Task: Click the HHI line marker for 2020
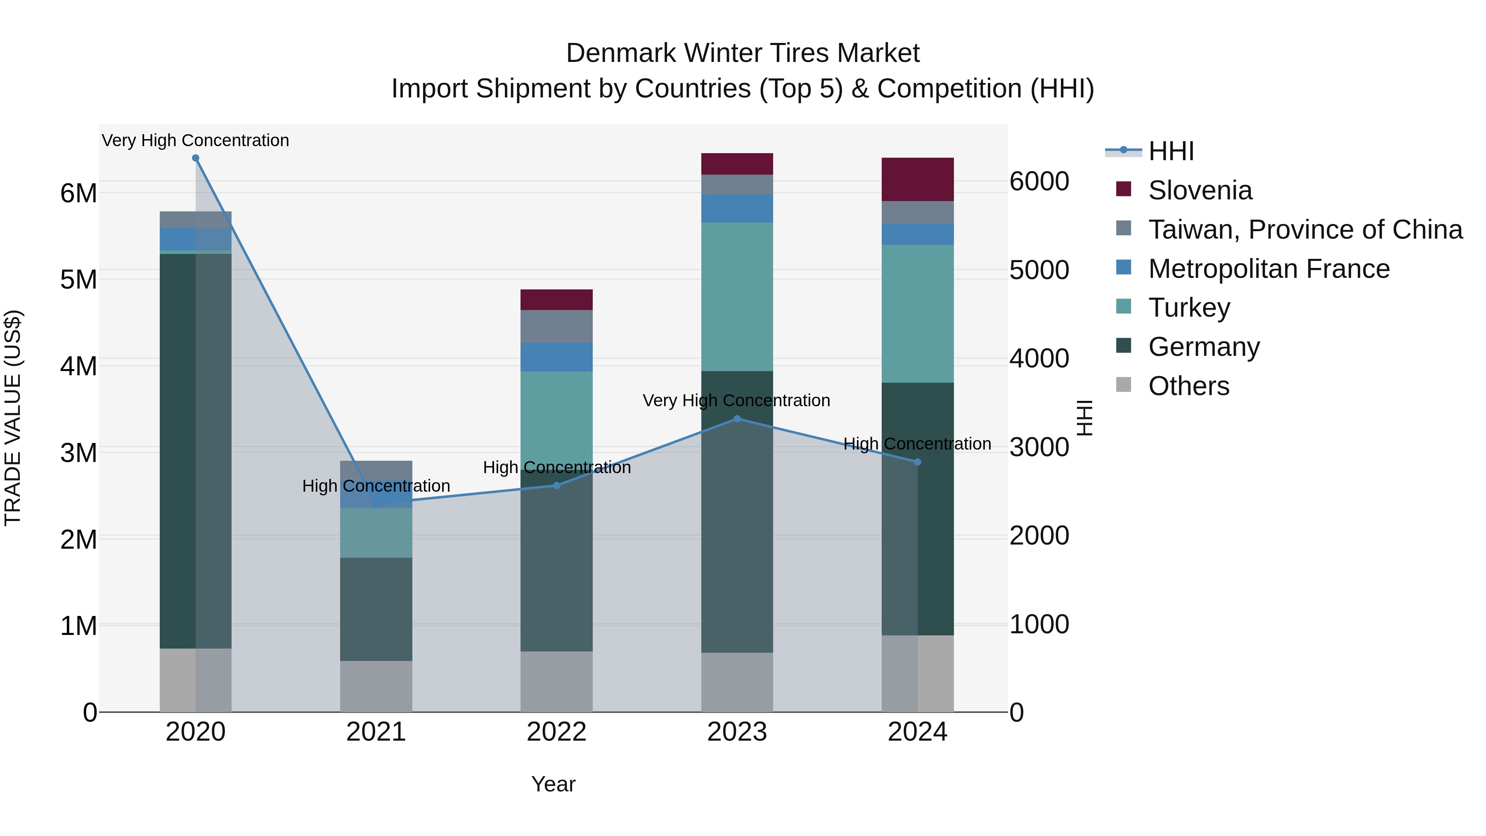click(196, 158)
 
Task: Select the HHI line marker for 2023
click(737, 419)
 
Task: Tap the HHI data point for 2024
click(918, 462)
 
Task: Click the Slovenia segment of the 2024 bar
click(918, 180)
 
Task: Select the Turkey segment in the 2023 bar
click(737, 296)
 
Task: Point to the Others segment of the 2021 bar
click(376, 686)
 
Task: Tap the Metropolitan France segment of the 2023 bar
click(737, 208)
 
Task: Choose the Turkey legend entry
click(1189, 308)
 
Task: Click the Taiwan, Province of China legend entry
click(1305, 230)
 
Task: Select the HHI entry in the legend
click(1171, 151)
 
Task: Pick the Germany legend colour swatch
click(1124, 346)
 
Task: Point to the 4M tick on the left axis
click(78, 366)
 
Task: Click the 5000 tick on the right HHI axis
click(1039, 270)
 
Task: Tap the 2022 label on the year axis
click(557, 732)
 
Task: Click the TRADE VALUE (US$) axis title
click(13, 418)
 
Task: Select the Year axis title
click(553, 784)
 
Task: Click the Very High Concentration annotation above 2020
click(196, 140)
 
